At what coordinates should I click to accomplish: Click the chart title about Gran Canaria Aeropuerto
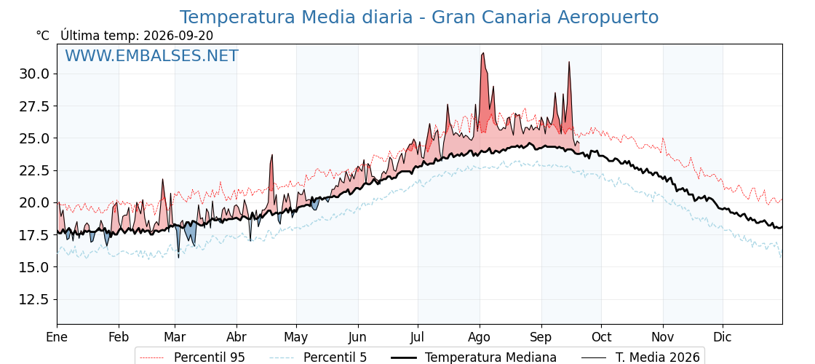pyautogui.click(x=419, y=17)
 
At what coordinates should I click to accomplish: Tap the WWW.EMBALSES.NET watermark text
pyautogui.click(x=152, y=55)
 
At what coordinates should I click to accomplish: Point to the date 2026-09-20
pyautogui.click(x=178, y=36)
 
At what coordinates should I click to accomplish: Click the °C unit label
pyautogui.click(x=43, y=36)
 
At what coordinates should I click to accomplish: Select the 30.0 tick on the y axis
pyautogui.click(x=35, y=74)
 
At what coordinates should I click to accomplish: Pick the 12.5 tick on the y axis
pyautogui.click(x=35, y=299)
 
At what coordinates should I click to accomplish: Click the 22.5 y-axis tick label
pyautogui.click(x=35, y=170)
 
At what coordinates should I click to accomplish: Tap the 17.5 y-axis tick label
pyautogui.click(x=35, y=235)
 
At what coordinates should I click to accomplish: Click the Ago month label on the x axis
pyautogui.click(x=479, y=338)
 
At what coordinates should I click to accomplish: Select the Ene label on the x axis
pyautogui.click(x=57, y=338)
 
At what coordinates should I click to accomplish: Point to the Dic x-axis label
pyautogui.click(x=723, y=338)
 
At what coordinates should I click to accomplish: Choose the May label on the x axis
pyautogui.click(x=296, y=338)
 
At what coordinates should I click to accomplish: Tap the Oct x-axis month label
pyautogui.click(x=601, y=338)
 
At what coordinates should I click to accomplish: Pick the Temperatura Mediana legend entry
pyautogui.click(x=474, y=357)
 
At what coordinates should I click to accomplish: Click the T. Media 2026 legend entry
pyautogui.click(x=640, y=357)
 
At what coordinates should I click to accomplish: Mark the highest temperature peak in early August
pyautogui.click(x=483, y=53)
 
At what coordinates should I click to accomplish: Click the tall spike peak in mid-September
pyautogui.click(x=569, y=62)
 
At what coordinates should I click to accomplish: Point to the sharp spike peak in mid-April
pyautogui.click(x=271, y=155)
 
